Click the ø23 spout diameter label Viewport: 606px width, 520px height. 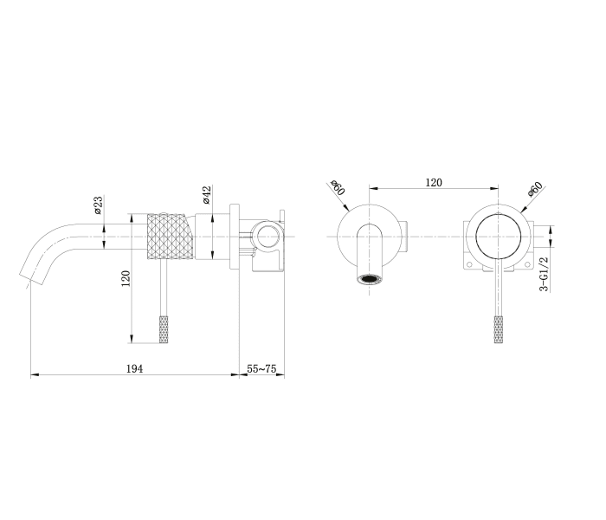(98, 205)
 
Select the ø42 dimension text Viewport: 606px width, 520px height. (207, 196)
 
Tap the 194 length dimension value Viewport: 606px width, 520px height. (134, 368)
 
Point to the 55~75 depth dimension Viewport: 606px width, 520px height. (261, 368)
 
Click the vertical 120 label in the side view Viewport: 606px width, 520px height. (126, 279)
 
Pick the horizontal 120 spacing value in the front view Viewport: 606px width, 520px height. (434, 182)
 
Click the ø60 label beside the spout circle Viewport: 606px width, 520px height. (337, 188)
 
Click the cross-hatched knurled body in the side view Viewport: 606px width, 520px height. (166, 236)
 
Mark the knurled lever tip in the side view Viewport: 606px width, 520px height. (164, 328)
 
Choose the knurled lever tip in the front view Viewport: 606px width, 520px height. (497, 328)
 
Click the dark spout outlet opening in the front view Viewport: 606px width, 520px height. (371, 279)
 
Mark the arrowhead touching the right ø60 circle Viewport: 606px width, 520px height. (522, 209)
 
